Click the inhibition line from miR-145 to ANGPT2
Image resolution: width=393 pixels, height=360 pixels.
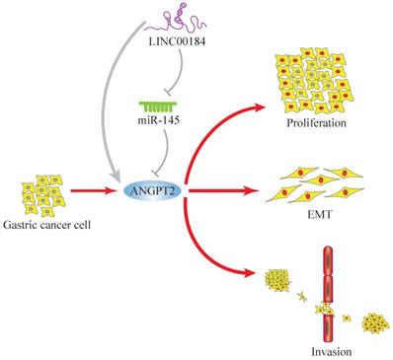click(x=179, y=148)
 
